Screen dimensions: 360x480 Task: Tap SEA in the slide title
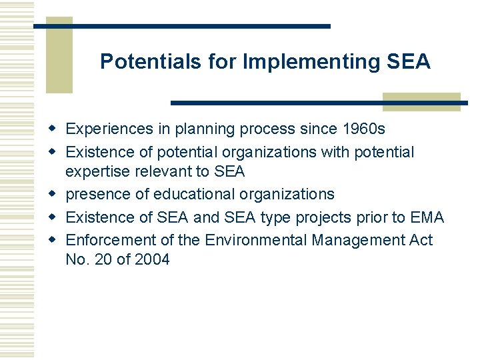(x=408, y=62)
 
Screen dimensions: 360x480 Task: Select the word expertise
(x=99, y=172)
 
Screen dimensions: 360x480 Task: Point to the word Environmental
(x=256, y=239)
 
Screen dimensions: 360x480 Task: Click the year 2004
(x=152, y=259)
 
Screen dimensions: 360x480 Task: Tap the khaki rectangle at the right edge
(x=421, y=101)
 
